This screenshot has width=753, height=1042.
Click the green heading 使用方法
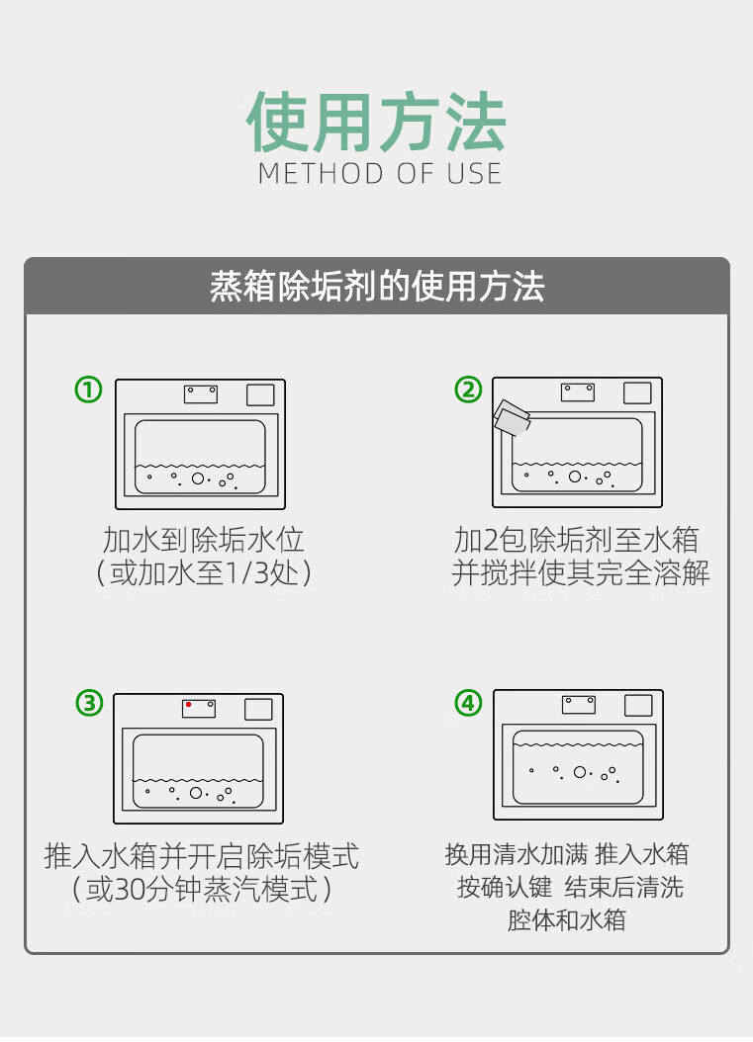pos(376,124)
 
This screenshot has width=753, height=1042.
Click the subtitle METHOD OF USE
pos(380,174)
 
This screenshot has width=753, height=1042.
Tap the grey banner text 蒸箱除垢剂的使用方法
pos(377,288)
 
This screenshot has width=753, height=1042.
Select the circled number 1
pos(89,391)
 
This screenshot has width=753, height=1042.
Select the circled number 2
pos(468,391)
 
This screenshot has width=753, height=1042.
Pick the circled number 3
pos(89,703)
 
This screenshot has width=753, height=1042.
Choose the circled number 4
pos(468,703)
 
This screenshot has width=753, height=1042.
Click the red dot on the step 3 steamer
pos(188,705)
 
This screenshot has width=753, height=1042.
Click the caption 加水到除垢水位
pos(203,540)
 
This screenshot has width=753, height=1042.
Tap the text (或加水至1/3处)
pos(203,573)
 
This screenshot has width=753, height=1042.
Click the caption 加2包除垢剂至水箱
pos(577,540)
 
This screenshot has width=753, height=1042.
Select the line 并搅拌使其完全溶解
pos(581,573)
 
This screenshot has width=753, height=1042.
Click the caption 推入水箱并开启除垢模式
pos(202,855)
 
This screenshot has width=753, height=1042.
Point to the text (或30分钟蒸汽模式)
pos(202,890)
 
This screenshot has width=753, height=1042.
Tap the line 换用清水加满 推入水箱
pos(567,854)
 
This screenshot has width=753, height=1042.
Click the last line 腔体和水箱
pos(567,920)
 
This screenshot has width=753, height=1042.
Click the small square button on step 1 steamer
pos(259,394)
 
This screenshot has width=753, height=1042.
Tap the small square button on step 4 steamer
pos(638,706)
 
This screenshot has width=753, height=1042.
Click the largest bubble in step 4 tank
pos(580,772)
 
